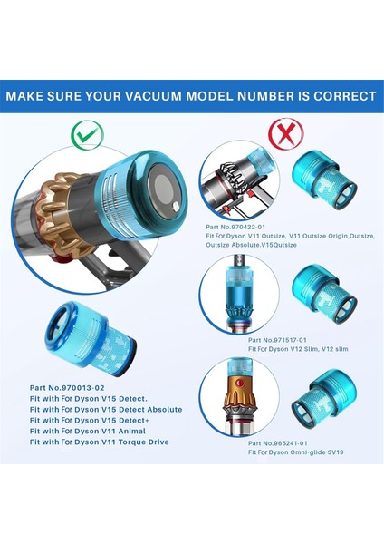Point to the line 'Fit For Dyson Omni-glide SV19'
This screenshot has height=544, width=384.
266,452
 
